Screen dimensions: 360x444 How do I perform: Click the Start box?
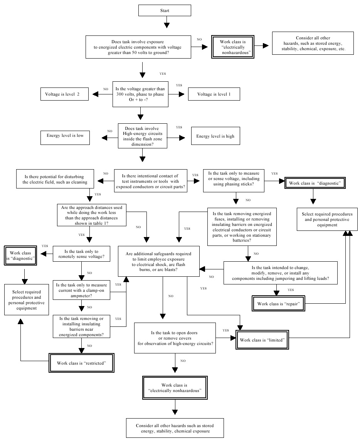[x=165, y=10]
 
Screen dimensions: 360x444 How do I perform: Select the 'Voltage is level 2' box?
[x=64, y=94]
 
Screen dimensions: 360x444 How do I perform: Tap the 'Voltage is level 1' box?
[x=214, y=94]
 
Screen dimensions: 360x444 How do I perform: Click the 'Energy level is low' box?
[x=65, y=138]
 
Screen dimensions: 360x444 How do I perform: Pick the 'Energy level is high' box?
[x=215, y=136]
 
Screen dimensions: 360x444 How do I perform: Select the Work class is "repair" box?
[x=278, y=304]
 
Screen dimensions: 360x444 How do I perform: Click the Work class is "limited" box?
[x=262, y=340]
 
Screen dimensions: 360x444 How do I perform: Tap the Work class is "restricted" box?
[x=82, y=363]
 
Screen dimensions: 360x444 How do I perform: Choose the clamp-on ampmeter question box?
[x=82, y=290]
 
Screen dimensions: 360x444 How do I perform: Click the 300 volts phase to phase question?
[x=140, y=94]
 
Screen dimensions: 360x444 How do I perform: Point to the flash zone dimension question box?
[x=143, y=136]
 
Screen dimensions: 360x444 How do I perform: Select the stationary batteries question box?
[x=242, y=227]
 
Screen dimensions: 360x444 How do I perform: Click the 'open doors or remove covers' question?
[x=175, y=338]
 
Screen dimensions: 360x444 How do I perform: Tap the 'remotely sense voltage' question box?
[x=82, y=254]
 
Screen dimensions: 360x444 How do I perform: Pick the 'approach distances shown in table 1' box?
[x=92, y=215]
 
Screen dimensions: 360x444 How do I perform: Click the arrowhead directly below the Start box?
[x=167, y=25]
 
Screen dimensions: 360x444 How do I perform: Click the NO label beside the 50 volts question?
[x=199, y=39]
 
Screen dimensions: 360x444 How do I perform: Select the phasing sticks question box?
[x=234, y=181]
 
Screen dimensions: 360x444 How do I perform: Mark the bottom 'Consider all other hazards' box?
[x=175, y=428]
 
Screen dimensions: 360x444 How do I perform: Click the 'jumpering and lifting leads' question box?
[x=281, y=273]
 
